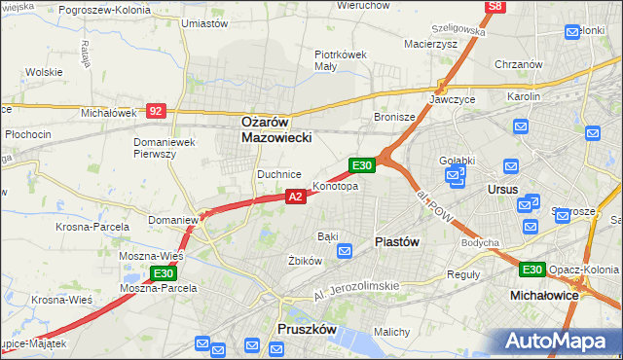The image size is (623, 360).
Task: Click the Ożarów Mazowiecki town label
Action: pyautogui.click(x=276, y=130)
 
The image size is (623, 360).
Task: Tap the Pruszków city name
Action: pyautogui.click(x=307, y=330)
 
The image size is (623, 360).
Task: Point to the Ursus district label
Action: pyautogui.click(x=503, y=189)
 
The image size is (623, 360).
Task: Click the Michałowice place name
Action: pyautogui.click(x=545, y=293)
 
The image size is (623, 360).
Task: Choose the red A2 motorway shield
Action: pyautogui.click(x=297, y=197)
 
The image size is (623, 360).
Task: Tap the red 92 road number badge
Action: pyautogui.click(x=156, y=111)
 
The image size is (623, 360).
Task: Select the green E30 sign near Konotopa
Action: pyautogui.click(x=362, y=166)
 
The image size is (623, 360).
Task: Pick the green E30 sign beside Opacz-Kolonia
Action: pyautogui.click(x=531, y=270)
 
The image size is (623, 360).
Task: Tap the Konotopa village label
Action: pyautogui.click(x=335, y=185)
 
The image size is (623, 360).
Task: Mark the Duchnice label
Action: pyautogui.click(x=278, y=174)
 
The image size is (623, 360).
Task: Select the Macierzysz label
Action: pyautogui.click(x=429, y=44)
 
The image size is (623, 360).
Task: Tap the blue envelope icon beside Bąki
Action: pyautogui.click(x=345, y=251)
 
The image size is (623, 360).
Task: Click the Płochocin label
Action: pyautogui.click(x=26, y=132)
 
